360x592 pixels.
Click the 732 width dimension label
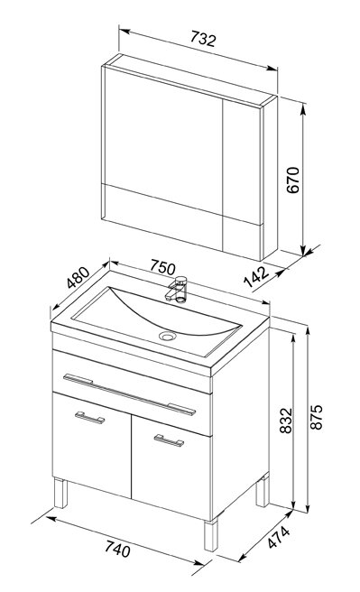(203, 39)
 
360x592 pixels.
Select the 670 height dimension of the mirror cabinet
(293, 180)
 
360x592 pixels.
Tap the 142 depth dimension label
(256, 276)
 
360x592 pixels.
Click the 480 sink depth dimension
(78, 278)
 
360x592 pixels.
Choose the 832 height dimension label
(286, 421)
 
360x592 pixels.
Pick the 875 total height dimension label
(316, 417)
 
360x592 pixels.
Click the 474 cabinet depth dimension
(279, 536)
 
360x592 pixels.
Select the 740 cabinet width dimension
(117, 548)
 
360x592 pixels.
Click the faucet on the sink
(177, 289)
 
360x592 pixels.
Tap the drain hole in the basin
(168, 336)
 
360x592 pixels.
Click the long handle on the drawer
(129, 394)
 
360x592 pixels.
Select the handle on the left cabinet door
(89, 417)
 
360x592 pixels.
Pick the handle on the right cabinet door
(169, 440)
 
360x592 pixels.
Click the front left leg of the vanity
(60, 493)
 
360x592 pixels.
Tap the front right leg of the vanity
(211, 534)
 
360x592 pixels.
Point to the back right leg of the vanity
(263, 490)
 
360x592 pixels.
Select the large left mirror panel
(163, 139)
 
